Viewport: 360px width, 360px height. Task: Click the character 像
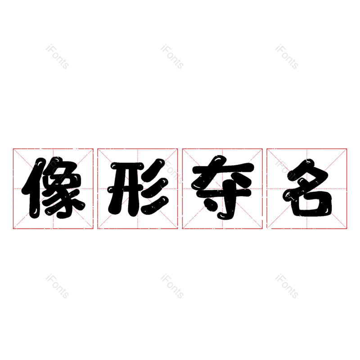tap(53, 188)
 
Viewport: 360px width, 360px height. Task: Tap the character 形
tap(138, 188)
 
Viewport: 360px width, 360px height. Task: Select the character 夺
tap(222, 188)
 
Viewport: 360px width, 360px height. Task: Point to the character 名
tap(307, 188)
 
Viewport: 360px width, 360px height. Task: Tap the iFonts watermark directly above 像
tap(57, 57)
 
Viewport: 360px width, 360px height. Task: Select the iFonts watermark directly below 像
tap(57, 286)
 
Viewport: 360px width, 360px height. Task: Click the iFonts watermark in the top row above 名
tap(287, 57)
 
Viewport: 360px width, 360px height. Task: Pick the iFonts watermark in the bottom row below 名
tap(287, 286)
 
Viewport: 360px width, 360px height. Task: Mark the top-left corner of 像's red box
tap(13, 148)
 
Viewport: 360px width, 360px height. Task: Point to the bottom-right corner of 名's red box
tap(347, 229)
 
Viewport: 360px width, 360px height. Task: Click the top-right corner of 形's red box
tap(178, 148)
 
